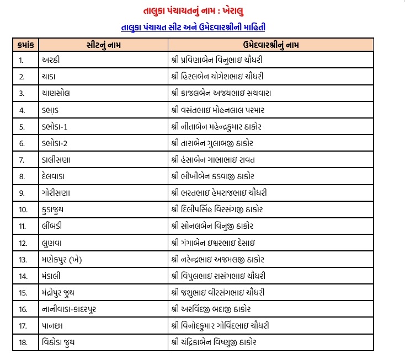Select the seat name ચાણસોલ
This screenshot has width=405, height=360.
coord(55,93)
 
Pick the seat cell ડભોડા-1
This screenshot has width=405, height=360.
coord(54,126)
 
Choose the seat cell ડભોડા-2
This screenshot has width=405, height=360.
coord(54,143)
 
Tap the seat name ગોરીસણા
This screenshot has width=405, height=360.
coord(55,192)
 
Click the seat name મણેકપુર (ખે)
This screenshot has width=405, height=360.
coord(62,259)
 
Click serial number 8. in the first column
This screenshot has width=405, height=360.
coord(22,176)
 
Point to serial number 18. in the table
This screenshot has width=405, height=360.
coord(23,342)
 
